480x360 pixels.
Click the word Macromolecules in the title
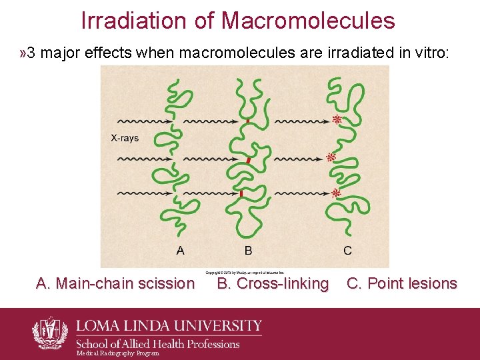(308, 21)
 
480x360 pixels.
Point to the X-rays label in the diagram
(125, 139)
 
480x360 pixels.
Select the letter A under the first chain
(180, 251)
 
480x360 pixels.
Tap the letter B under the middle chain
(248, 251)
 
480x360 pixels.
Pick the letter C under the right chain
(347, 251)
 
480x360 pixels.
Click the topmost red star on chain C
(337, 120)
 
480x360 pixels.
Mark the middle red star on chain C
(331, 157)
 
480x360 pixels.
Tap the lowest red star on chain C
(337, 193)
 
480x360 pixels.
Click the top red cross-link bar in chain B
(247, 122)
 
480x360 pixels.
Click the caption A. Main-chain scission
(115, 283)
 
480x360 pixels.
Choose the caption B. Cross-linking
(273, 283)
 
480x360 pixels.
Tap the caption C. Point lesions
(402, 283)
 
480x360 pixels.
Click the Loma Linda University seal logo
(51, 332)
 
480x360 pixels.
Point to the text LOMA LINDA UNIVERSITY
(169, 327)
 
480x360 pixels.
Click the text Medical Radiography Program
(118, 353)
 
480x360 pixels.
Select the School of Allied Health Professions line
(157, 343)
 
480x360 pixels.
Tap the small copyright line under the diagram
(245, 272)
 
